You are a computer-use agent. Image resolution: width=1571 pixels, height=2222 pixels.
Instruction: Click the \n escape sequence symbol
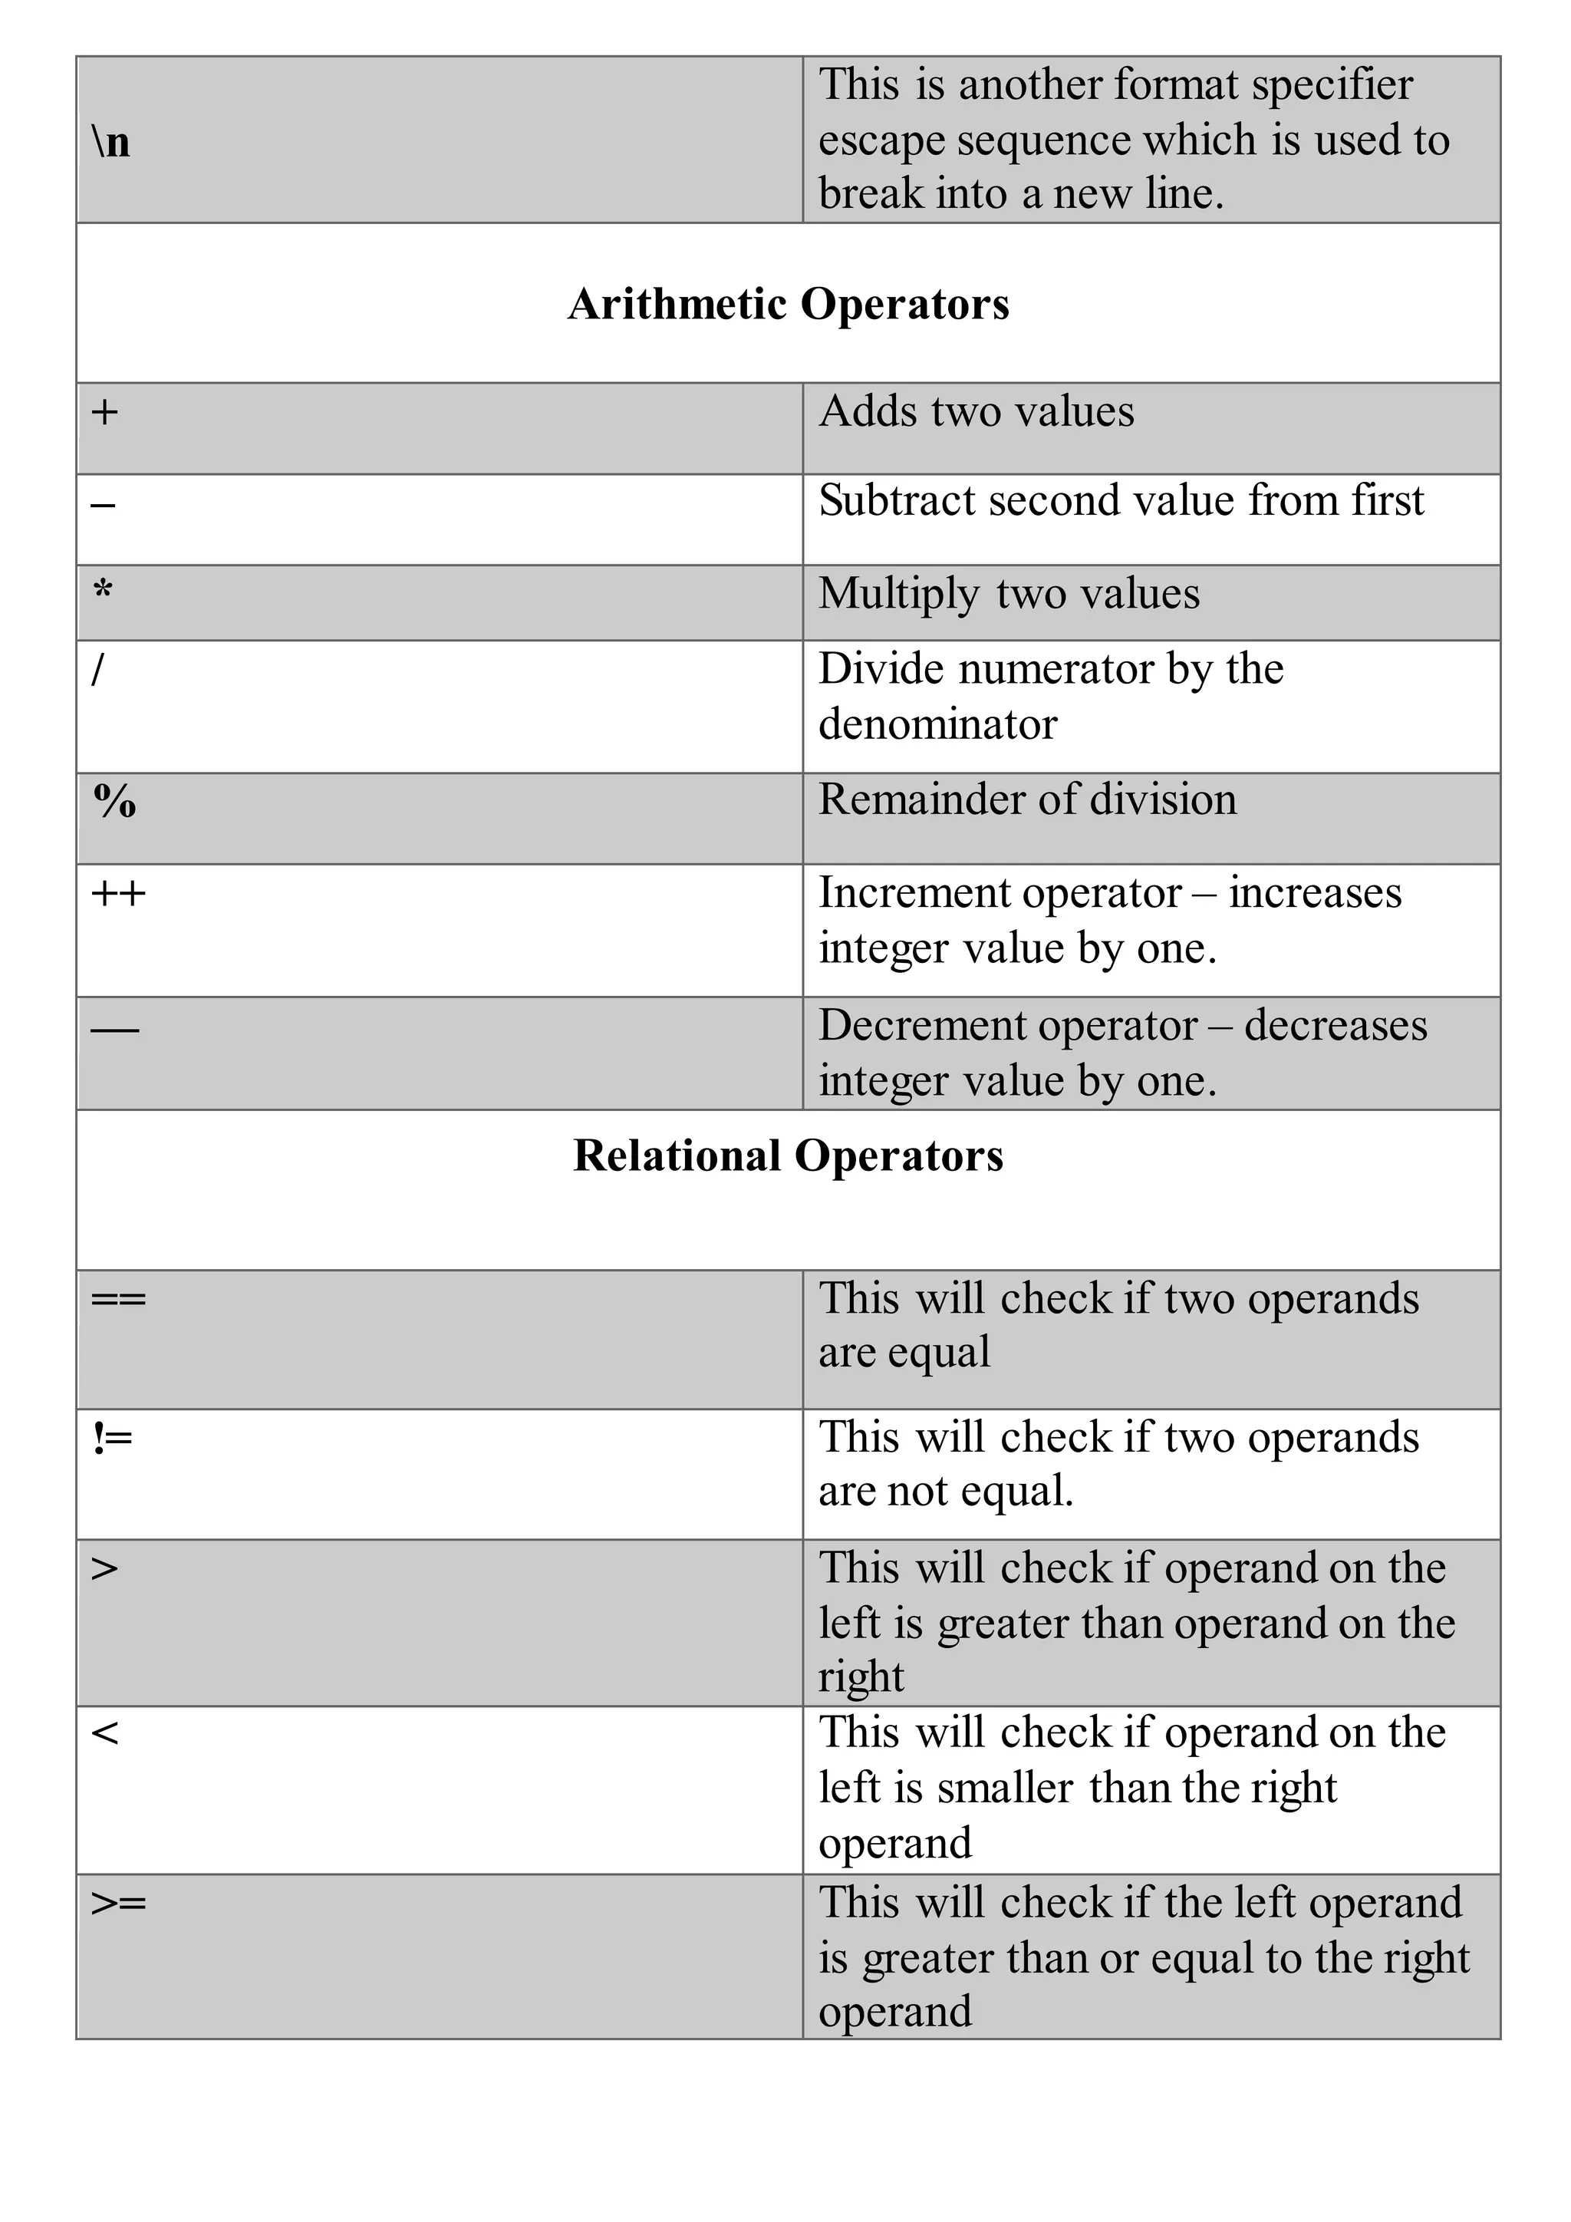coord(111,142)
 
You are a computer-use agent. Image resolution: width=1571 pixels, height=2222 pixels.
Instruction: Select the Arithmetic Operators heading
coord(788,304)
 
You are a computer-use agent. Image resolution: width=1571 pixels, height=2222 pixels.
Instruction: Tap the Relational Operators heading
coord(788,1156)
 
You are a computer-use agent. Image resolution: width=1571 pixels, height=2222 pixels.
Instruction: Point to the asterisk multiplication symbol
coord(103,589)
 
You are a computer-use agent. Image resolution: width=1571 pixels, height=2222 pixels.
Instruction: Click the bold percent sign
coord(114,800)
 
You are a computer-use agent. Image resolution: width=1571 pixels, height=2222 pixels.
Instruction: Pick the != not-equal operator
coord(112,1438)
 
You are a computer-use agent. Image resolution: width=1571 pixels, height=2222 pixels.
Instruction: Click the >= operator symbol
coord(118,1904)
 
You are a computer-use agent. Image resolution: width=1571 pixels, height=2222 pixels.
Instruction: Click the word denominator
coord(937,724)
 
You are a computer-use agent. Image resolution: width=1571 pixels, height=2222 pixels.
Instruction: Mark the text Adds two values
coord(976,411)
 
